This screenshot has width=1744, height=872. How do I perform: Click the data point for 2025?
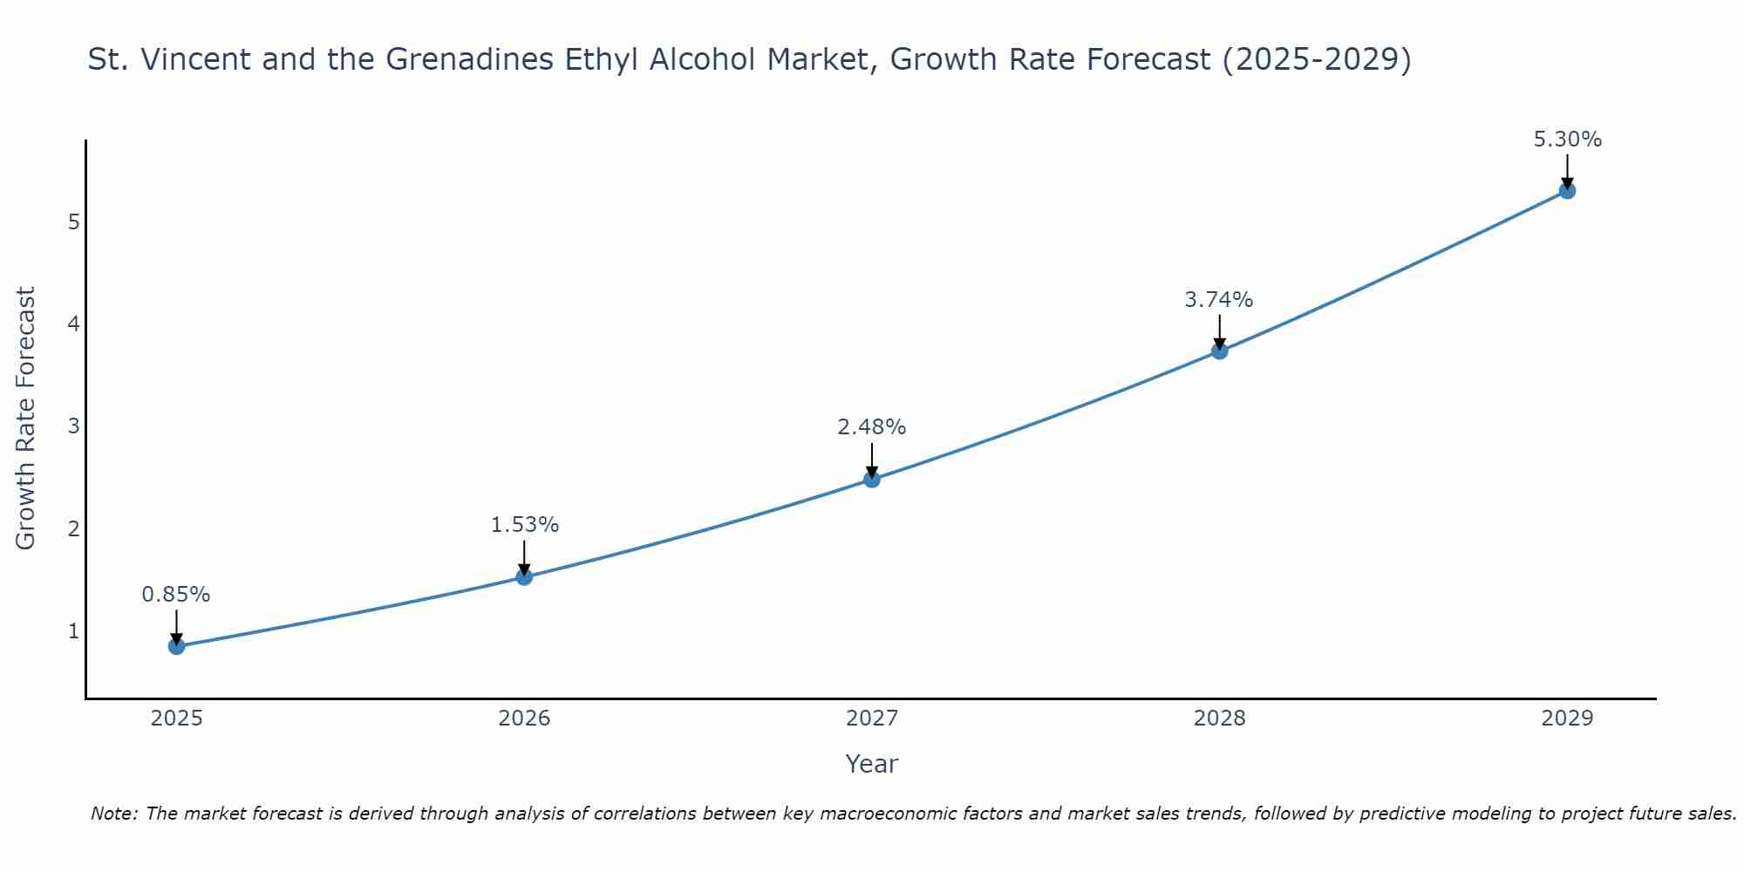point(176,646)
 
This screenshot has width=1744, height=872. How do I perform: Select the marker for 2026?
point(524,576)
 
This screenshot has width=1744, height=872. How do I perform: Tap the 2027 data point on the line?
point(872,479)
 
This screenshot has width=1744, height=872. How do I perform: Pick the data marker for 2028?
point(1219,351)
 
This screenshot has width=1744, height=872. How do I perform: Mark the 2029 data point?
point(1567,190)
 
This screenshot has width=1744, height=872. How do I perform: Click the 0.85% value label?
point(176,595)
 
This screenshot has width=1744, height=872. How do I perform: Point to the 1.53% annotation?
point(524,525)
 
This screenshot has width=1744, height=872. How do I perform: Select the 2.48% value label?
point(872,427)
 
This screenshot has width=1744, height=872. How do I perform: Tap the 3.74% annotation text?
point(1219,300)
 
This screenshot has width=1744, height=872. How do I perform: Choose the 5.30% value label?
point(1567,140)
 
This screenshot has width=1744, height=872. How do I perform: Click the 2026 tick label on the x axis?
point(524,719)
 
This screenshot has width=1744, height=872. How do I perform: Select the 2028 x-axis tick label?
point(1219,719)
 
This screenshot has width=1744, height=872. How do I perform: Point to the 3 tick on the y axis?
point(74,426)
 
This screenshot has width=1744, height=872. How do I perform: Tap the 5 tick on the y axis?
point(74,221)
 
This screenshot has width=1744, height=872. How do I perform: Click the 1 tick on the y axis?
point(74,630)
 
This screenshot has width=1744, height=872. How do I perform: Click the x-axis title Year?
point(872,764)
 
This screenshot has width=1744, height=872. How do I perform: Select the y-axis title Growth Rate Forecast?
point(26,419)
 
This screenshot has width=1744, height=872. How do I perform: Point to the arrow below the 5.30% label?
point(1567,170)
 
